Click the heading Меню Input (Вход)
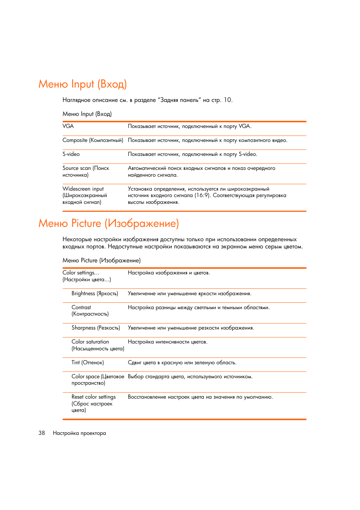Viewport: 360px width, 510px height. (82, 84)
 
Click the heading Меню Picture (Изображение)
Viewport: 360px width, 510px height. (108, 223)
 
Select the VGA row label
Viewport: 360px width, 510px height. (68, 126)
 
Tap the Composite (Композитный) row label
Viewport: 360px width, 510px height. (93, 140)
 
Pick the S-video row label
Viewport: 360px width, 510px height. (71, 154)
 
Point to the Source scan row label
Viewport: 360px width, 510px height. (86, 171)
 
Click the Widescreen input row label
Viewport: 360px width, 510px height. (85, 195)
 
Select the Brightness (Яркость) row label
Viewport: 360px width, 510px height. (95, 293)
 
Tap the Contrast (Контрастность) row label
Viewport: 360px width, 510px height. (90, 310)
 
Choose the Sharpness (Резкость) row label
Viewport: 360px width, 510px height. (95, 328)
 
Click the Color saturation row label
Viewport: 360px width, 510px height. (97, 345)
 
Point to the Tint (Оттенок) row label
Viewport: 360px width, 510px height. (88, 362)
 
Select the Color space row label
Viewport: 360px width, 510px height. (97, 379)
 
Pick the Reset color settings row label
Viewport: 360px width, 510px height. (93, 403)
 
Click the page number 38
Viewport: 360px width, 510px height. (42, 433)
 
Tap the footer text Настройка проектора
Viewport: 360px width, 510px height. (79, 433)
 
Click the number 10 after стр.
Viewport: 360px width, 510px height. (228, 100)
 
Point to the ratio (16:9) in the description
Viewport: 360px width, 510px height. (202, 196)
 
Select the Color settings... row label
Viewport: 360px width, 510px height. (86, 276)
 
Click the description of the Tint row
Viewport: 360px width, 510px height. (182, 362)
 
